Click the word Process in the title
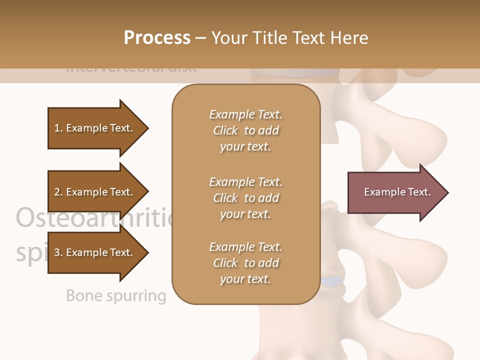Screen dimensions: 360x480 (157, 38)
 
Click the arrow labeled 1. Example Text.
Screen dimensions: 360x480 (95, 128)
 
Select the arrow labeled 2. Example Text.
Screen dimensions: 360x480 (95, 192)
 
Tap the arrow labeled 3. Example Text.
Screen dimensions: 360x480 (95, 252)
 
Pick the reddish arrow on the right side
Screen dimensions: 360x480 (395, 192)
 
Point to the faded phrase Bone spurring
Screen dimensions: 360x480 (115, 296)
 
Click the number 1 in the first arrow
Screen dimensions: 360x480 (57, 128)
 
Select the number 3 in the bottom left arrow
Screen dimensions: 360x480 (57, 252)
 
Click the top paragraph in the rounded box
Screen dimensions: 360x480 (245, 130)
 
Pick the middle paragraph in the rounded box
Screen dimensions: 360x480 (245, 198)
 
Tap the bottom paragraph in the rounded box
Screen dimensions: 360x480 (245, 263)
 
